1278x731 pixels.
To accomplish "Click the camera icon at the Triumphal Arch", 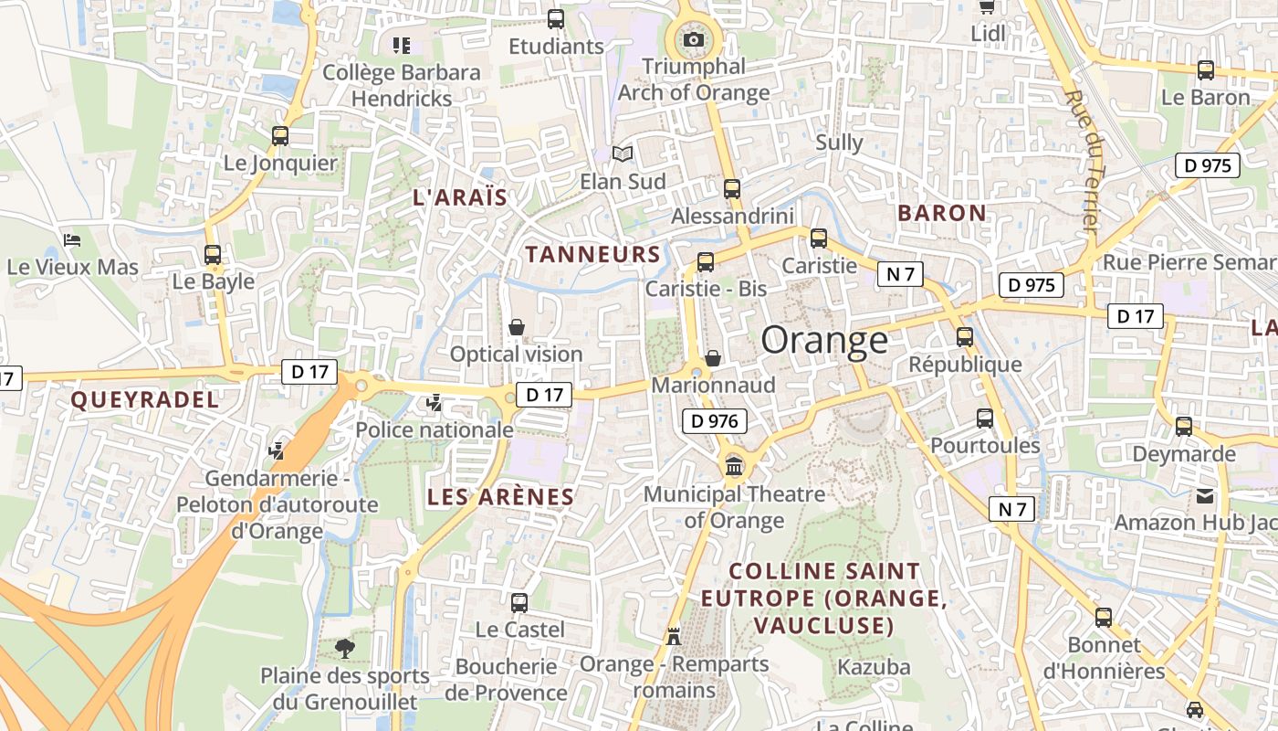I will pos(694,39).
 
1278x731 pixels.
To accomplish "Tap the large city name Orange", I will pos(824,340).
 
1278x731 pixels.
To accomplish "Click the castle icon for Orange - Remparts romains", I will pos(674,636).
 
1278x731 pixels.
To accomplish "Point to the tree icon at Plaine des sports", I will pos(345,649).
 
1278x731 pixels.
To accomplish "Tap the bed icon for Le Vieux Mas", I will pos(73,240).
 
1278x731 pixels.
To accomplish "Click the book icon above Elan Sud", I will pos(623,154).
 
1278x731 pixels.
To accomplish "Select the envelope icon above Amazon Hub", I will pos(1205,496).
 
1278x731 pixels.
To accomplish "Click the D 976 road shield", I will pos(715,421).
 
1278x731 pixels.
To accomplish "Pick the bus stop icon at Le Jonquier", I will pos(280,136).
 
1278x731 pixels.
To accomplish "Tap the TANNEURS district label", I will pos(592,254).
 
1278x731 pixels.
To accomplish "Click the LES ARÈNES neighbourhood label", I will pos(501,497).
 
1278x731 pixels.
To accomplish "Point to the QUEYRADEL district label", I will pos(145,399).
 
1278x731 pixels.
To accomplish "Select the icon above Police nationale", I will pos(435,402).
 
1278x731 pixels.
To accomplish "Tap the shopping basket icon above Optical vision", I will pos(517,327).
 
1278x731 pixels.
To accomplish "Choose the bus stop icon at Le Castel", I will pos(519,603).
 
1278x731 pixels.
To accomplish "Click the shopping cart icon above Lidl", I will pos(987,7).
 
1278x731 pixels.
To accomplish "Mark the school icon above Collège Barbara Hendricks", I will pos(402,45).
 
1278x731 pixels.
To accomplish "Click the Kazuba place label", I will pos(874,667).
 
